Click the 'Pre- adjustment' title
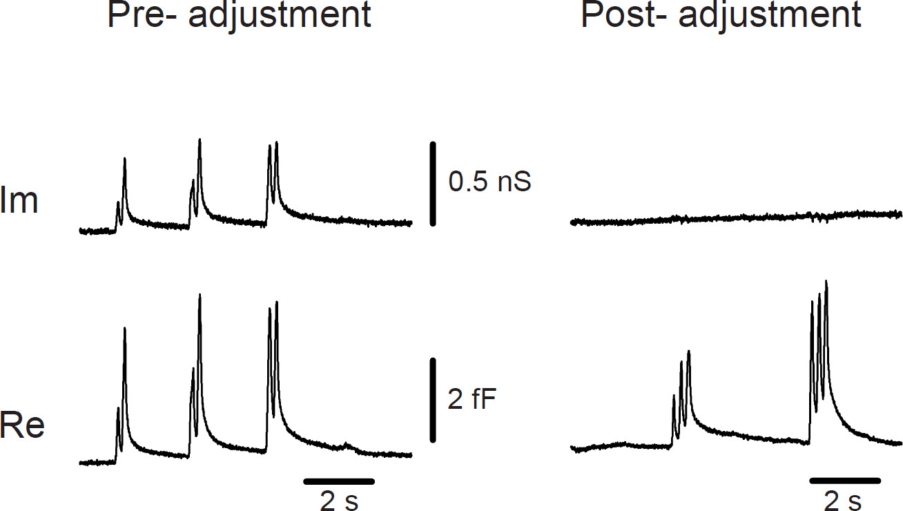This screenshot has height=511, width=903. point(239,15)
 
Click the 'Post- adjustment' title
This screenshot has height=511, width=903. point(721,15)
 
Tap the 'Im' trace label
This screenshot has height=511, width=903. point(19,203)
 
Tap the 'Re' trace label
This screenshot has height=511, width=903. point(22,425)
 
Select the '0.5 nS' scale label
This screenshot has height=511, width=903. point(489,182)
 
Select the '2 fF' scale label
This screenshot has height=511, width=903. point(472,399)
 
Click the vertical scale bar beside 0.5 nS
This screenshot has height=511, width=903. point(433,183)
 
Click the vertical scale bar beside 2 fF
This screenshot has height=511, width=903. point(433,399)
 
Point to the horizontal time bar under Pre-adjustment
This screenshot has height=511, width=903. point(339,480)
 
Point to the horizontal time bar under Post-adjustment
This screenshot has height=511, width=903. point(845,479)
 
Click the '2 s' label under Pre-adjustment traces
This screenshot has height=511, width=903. point(339,500)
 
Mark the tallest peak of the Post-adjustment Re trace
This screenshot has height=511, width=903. point(826,282)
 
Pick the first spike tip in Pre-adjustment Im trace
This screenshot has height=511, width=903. point(118,203)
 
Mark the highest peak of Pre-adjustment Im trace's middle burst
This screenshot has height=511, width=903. point(200,140)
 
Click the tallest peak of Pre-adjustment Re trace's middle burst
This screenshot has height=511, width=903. point(200,295)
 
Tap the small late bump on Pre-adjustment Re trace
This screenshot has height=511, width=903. point(348,445)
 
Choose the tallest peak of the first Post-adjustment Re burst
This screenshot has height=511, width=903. point(688,352)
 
